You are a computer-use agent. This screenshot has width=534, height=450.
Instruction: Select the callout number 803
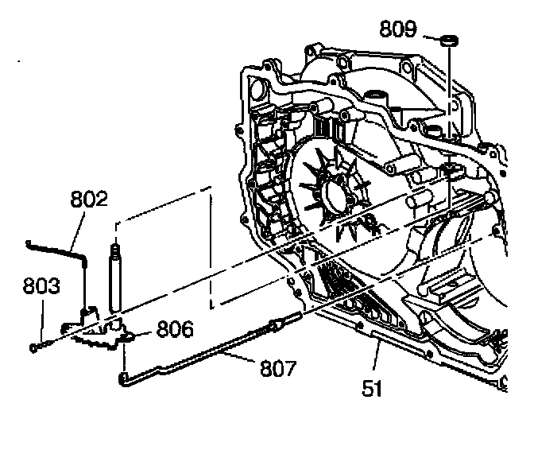click(x=41, y=285)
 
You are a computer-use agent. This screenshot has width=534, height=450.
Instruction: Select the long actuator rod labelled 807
click(x=199, y=353)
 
